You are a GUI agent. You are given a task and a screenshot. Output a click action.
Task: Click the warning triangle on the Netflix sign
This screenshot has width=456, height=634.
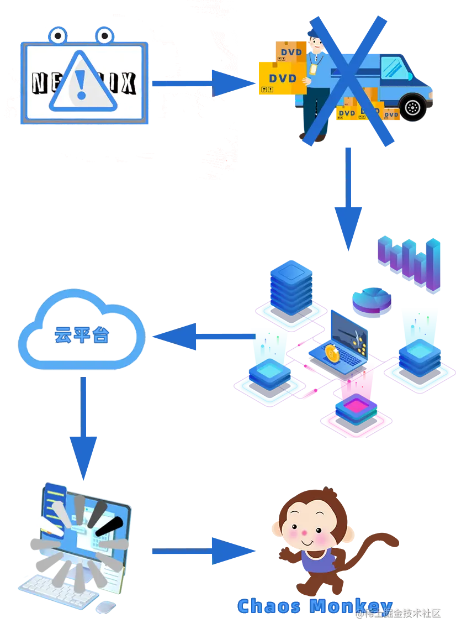83,82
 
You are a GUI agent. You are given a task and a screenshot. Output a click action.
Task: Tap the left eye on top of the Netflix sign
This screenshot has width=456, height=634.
57,36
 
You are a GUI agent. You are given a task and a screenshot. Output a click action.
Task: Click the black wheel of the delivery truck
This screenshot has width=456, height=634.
412,107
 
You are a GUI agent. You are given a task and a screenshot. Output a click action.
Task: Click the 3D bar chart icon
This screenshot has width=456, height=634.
409,263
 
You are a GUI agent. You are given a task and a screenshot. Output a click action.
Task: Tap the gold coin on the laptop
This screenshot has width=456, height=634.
331,352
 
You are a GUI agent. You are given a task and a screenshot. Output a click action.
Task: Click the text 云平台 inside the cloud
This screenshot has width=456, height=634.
81,335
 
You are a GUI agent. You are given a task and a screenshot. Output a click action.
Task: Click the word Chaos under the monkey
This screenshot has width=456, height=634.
269,606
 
